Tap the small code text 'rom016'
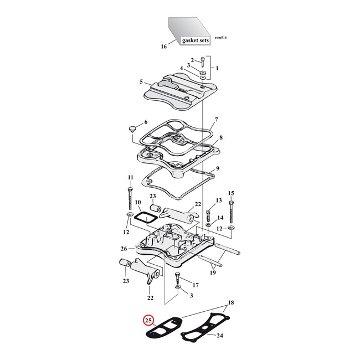(x=220, y=38)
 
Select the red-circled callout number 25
(x=148, y=320)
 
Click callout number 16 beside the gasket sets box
(x=163, y=47)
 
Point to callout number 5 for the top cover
(x=141, y=81)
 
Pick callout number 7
(x=217, y=120)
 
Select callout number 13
(x=218, y=200)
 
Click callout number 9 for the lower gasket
(x=218, y=169)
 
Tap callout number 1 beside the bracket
(x=217, y=68)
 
